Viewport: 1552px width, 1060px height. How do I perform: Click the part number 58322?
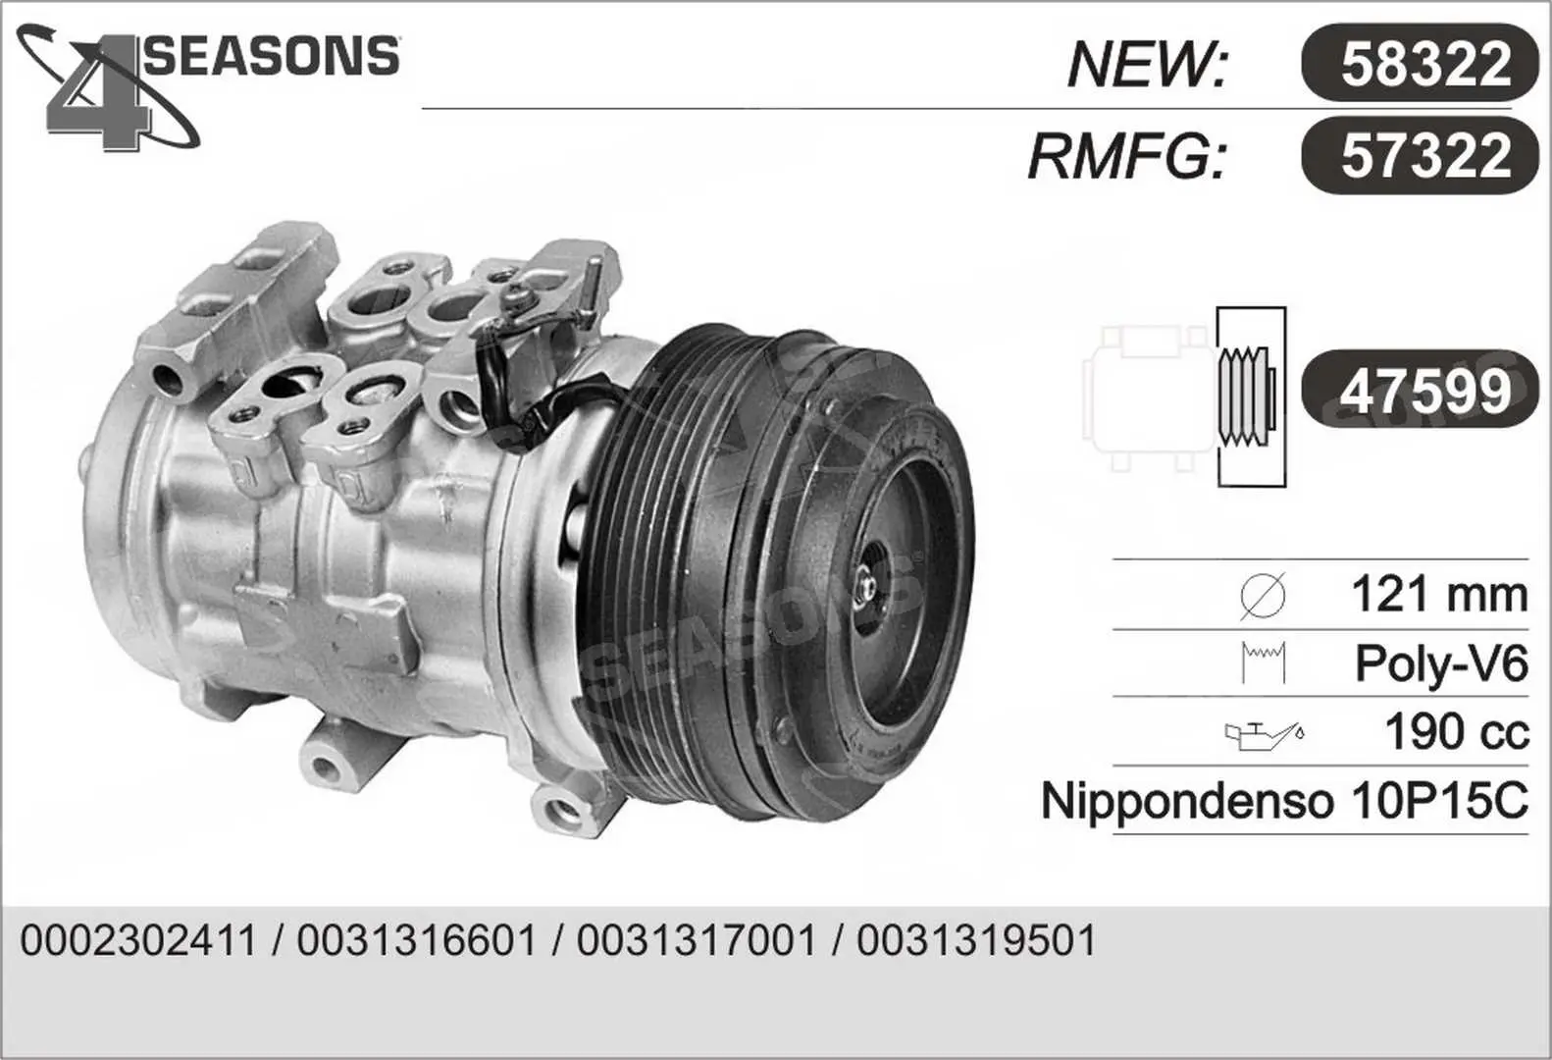coord(1425,64)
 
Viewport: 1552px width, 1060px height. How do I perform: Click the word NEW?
coord(1147,65)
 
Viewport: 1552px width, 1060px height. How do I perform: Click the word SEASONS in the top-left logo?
coord(271,56)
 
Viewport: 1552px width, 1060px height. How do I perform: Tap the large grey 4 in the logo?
coord(98,93)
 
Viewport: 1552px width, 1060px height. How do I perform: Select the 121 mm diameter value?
coord(1439,595)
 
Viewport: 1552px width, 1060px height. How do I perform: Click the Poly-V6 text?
coord(1441,664)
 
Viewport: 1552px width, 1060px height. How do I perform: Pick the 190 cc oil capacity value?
coord(1457,731)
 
